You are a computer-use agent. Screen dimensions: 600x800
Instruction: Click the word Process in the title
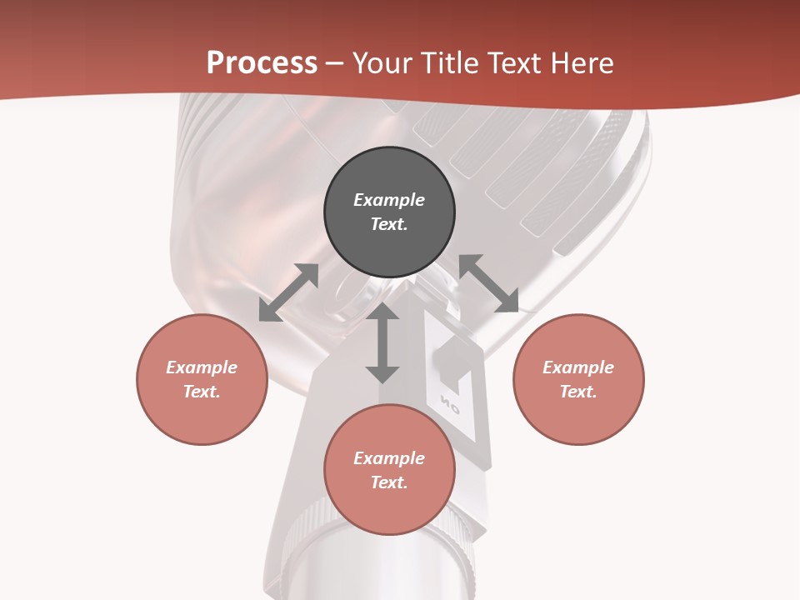(x=262, y=63)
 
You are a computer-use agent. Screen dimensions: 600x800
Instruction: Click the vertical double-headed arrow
(x=382, y=342)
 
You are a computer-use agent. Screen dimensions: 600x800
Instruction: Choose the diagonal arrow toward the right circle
(x=489, y=283)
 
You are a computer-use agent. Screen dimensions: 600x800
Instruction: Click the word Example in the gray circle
(x=389, y=200)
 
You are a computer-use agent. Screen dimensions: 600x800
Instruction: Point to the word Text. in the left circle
(x=202, y=392)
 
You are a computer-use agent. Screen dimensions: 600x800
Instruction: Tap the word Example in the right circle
(x=578, y=367)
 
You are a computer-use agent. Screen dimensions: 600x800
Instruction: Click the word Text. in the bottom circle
(x=389, y=482)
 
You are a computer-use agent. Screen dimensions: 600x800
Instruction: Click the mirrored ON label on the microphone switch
(x=451, y=407)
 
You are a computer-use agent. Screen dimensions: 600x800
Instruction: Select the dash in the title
(x=334, y=64)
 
